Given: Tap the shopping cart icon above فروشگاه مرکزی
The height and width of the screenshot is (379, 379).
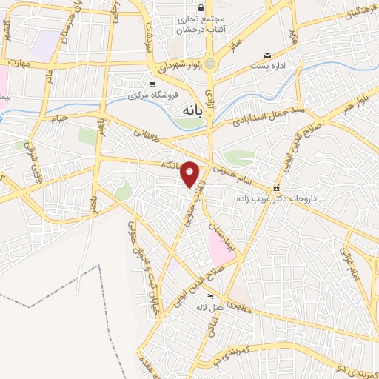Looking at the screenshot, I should pyautogui.click(x=152, y=84).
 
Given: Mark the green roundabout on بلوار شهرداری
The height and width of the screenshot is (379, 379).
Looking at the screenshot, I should pyautogui.click(x=211, y=63).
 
